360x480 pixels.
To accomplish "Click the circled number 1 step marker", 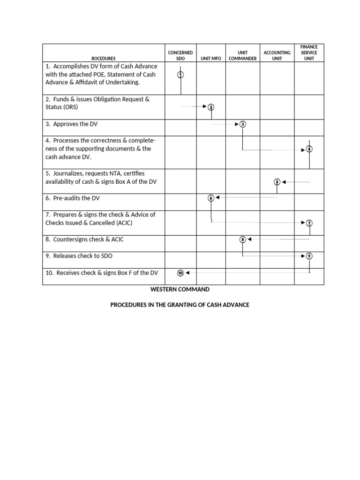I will pos(181,75).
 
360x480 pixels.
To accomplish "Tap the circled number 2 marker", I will pos(211,107).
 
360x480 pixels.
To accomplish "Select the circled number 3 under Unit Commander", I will pos(242,124).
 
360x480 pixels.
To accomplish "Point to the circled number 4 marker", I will pos(309,149).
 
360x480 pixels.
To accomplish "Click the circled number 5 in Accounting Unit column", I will pos(277,182).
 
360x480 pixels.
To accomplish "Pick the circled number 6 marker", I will pos(211,198).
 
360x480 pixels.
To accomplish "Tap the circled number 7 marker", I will pos(309,223).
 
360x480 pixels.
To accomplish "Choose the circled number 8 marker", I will pos(242,240).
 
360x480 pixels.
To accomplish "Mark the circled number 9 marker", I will pos(309,256).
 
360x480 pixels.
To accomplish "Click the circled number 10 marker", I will pos(180,273).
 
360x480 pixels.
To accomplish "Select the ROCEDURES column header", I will pos(104,59).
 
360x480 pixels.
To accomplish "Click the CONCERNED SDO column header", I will pos(180,56).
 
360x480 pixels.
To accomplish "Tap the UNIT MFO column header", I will pos(211,59).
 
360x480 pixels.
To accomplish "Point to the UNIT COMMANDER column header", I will pos(242,56).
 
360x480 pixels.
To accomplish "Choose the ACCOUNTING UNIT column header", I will pos(277,56).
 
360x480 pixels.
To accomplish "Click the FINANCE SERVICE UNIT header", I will pos(309,53).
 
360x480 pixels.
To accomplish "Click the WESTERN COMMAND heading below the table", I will pos(180,290).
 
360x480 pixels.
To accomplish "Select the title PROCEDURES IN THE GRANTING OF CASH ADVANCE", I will pos(180,305).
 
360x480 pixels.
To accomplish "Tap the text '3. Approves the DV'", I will pos(72,124).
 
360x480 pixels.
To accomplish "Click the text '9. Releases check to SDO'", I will pos(79,256).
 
